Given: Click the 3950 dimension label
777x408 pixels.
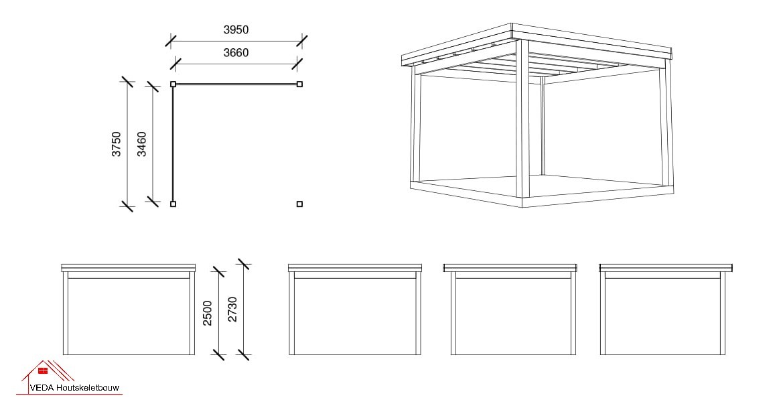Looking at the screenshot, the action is (x=236, y=29).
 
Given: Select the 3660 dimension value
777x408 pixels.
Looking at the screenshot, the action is (x=236, y=52).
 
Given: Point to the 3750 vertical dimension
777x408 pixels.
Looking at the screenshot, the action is (x=117, y=144).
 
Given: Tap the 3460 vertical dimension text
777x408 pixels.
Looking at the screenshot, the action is (x=142, y=144).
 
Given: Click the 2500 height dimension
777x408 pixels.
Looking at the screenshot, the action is (x=208, y=313).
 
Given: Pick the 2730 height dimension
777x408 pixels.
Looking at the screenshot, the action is (x=232, y=309).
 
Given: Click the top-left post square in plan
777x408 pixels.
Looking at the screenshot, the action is (x=173, y=84).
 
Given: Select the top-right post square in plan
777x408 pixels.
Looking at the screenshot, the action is (x=300, y=84).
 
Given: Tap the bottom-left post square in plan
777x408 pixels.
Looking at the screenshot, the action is (x=173, y=204).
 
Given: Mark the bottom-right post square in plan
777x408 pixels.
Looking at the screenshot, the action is (x=300, y=204).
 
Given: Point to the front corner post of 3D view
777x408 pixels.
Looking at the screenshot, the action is (x=522, y=123).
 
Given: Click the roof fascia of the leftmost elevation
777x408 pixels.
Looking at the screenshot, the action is (x=129, y=268).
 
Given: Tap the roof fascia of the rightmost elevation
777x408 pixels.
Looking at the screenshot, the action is (x=666, y=268).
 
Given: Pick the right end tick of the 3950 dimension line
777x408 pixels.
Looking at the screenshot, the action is (x=302, y=41).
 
